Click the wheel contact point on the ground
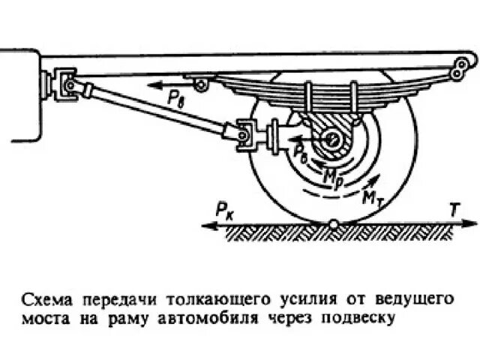(x=332, y=223)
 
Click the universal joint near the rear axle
(x=247, y=134)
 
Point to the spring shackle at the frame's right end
(x=458, y=69)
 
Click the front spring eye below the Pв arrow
(x=199, y=85)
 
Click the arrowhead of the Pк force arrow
(x=205, y=223)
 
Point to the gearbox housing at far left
(x=19, y=94)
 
